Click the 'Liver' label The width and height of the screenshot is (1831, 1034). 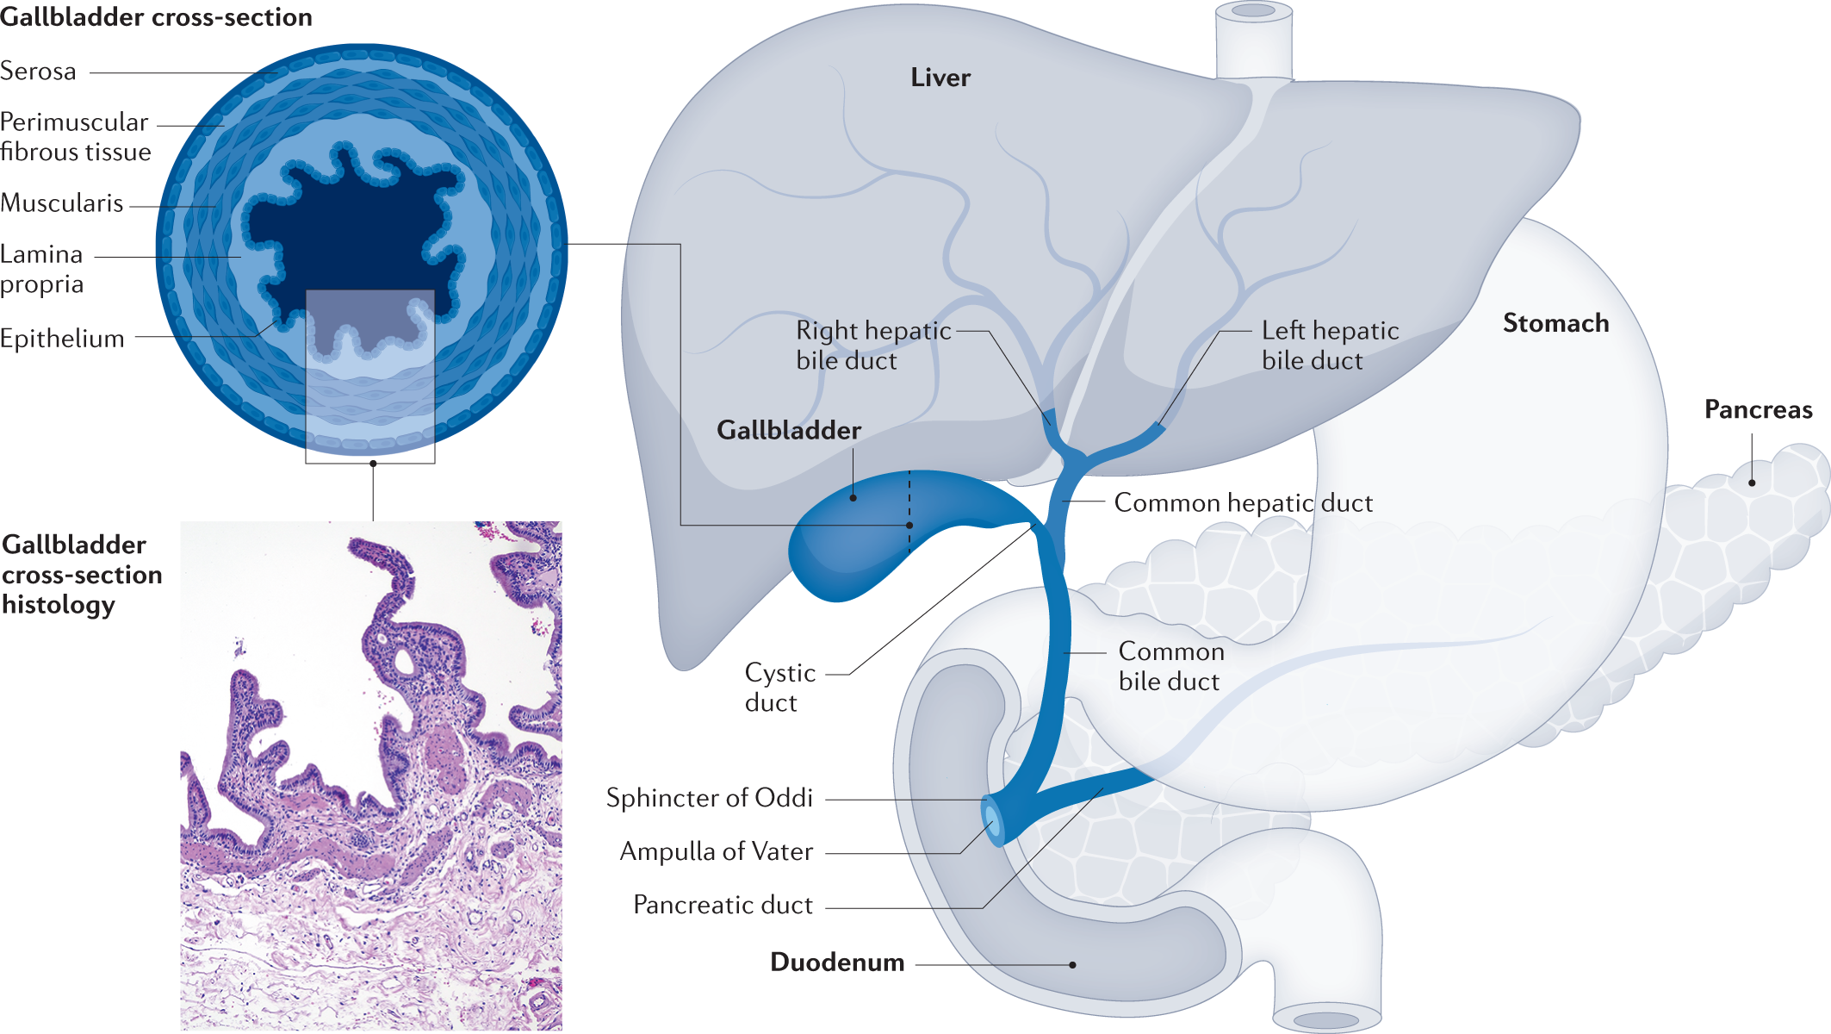940,78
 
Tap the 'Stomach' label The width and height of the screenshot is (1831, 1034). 1555,323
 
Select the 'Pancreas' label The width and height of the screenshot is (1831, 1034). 1758,409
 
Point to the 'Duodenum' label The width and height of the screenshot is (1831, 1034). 836,962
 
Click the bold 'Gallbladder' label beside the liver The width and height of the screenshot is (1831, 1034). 788,430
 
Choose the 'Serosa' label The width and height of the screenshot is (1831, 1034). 39,72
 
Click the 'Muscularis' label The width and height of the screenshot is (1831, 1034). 62,203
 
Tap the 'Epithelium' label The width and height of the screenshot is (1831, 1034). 62,339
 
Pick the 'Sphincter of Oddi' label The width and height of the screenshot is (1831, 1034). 709,798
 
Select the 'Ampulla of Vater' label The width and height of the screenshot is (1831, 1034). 716,851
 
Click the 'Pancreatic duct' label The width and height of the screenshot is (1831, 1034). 723,905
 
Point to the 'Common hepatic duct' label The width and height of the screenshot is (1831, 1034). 1243,502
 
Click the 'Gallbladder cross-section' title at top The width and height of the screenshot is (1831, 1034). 156,17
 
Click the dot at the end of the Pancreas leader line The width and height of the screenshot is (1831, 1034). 1752,483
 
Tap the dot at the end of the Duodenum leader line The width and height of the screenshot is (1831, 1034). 1072,965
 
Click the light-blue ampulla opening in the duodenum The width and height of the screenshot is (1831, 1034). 992,819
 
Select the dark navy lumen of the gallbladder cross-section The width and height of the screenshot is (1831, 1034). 353,233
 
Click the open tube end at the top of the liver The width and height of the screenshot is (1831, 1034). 1253,12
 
